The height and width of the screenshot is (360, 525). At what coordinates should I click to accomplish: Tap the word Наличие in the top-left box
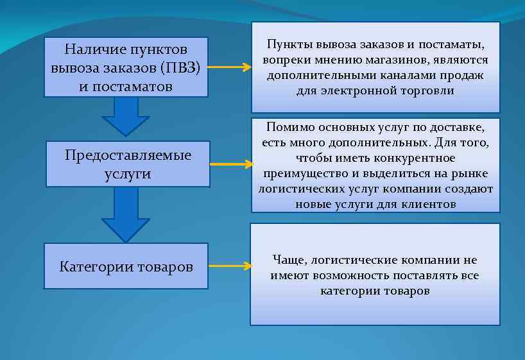pyautogui.click(x=94, y=50)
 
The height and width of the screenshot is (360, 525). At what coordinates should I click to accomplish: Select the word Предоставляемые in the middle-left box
pyautogui.click(x=128, y=156)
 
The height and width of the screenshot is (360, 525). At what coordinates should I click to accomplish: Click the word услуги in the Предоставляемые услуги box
pyautogui.click(x=128, y=174)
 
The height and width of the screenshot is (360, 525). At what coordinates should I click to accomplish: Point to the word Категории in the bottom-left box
pyautogui.click(x=96, y=266)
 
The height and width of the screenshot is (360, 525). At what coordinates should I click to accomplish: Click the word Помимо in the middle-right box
pyautogui.click(x=285, y=127)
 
